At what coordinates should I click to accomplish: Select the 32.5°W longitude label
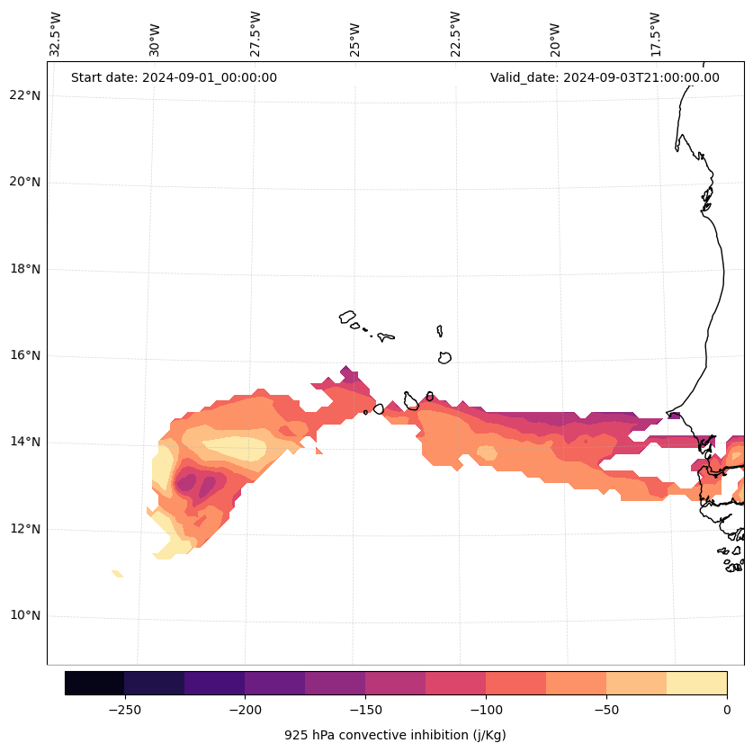click(56, 34)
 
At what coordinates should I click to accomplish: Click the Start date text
click(174, 77)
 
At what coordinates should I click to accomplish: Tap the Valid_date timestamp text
click(605, 77)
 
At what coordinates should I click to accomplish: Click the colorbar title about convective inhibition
click(395, 735)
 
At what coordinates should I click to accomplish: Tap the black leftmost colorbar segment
click(94, 683)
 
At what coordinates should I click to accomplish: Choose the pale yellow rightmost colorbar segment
click(696, 683)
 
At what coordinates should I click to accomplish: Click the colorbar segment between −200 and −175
click(274, 683)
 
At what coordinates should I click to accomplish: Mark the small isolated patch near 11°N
click(117, 573)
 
